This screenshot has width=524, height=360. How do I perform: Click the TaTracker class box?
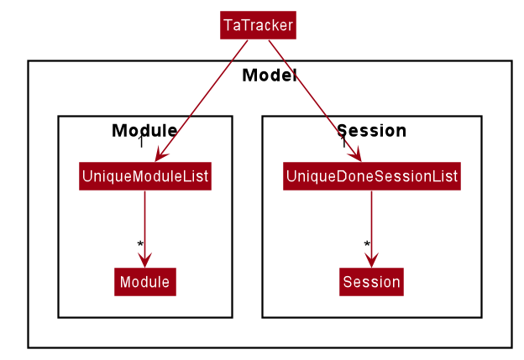(x=258, y=25)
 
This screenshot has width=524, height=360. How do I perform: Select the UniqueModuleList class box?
(x=145, y=176)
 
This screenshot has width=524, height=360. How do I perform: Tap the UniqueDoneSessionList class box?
(x=372, y=176)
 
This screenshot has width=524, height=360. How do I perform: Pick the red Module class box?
(x=145, y=281)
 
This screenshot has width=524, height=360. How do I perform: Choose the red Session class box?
(x=371, y=281)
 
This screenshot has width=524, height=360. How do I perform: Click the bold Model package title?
(x=270, y=76)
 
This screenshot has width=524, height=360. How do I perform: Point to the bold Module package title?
(x=144, y=130)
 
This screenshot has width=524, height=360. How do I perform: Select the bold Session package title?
(x=371, y=130)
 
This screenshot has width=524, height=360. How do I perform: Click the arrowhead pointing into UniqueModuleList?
(x=160, y=155)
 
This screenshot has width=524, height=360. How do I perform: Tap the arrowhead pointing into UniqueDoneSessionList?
(x=356, y=154)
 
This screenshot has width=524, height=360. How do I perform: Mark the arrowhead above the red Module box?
(x=144, y=260)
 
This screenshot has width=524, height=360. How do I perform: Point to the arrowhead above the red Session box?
(x=371, y=260)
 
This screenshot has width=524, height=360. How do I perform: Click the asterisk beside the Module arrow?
(x=140, y=244)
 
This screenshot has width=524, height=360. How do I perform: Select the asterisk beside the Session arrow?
(x=367, y=244)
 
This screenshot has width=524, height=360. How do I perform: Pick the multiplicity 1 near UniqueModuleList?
(x=141, y=142)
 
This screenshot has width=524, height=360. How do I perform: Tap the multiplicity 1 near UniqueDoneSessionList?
(x=343, y=142)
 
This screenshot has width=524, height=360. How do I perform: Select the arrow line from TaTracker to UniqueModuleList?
(x=202, y=101)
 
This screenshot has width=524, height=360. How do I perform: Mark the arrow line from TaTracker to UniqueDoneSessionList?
(x=315, y=101)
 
